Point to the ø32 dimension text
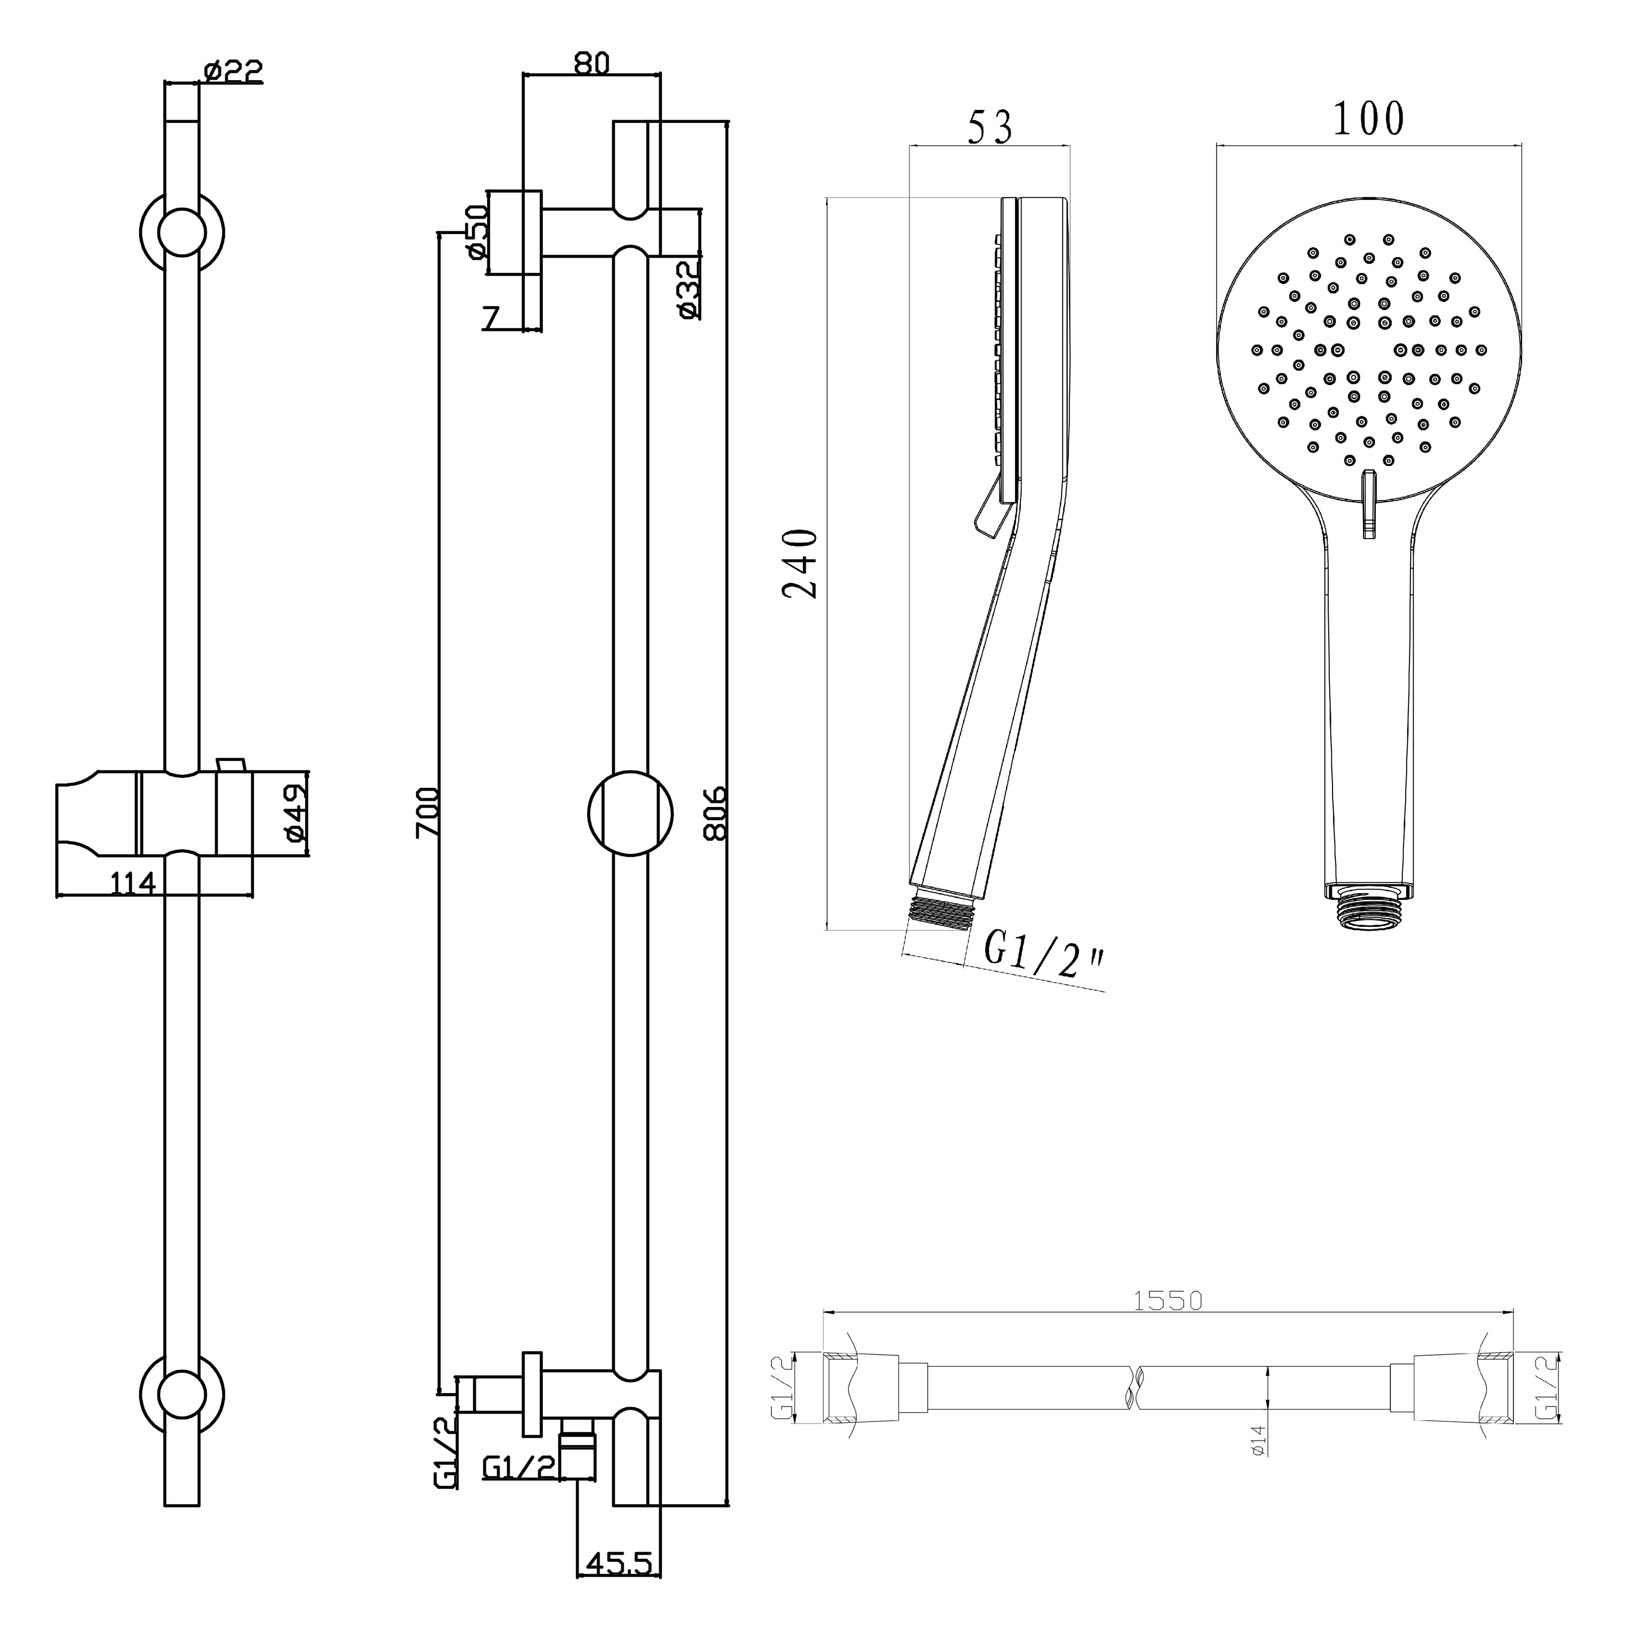pos(687,289)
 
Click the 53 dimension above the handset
pos(990,126)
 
